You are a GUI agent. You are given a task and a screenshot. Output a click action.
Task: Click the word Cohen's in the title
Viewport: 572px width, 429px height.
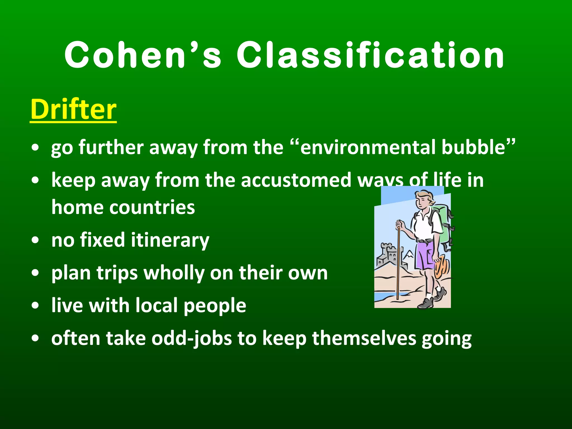click(143, 55)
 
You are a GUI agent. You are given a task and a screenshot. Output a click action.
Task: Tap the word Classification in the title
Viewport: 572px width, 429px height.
click(370, 55)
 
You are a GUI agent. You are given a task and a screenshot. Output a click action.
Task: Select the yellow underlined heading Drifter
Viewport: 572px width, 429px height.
click(73, 109)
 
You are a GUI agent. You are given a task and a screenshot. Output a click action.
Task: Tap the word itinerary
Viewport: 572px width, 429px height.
click(170, 240)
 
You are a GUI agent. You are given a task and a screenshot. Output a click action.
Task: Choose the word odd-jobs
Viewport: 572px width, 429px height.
click(192, 339)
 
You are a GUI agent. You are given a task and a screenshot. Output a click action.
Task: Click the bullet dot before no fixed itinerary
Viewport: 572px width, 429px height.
click(35, 240)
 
